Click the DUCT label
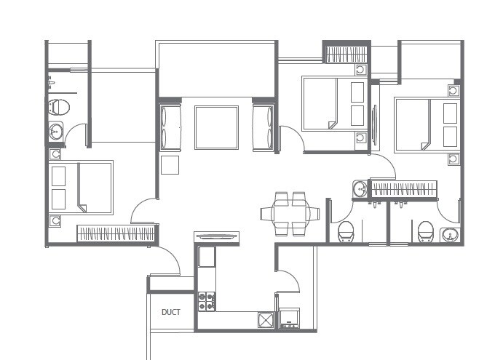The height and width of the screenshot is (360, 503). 170,312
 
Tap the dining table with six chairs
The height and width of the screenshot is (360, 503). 290,214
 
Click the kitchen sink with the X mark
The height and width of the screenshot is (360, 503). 266,319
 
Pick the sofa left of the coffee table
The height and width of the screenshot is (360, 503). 172,128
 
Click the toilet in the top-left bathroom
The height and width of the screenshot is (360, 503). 58,108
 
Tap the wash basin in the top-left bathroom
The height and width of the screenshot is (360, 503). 56,132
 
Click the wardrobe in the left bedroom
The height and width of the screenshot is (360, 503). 116,234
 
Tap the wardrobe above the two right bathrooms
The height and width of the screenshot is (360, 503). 404,189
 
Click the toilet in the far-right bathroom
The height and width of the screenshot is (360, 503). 426,231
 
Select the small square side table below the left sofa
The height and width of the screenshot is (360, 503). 170,165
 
